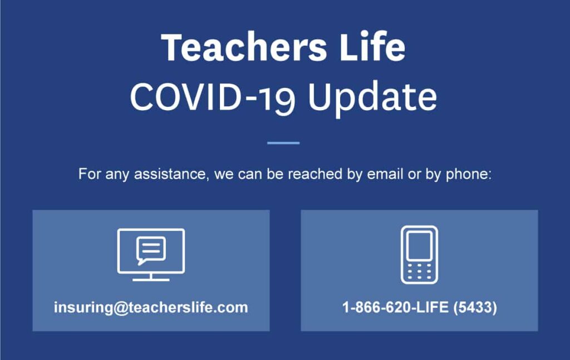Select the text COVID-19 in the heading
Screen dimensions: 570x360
tap(212, 97)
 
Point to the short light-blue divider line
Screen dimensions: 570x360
tap(283, 143)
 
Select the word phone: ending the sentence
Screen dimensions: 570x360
tap(469, 175)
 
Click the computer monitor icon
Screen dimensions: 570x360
tap(151, 254)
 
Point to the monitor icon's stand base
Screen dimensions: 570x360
tap(151, 279)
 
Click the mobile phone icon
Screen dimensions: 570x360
tap(419, 255)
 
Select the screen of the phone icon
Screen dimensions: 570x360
tap(419, 245)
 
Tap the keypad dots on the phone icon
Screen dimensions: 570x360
tap(419, 272)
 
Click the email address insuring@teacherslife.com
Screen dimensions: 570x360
tap(151, 308)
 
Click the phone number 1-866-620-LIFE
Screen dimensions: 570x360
tap(396, 308)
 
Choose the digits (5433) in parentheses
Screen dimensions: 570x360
tap(475, 308)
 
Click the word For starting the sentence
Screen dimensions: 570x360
tap(90, 174)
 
